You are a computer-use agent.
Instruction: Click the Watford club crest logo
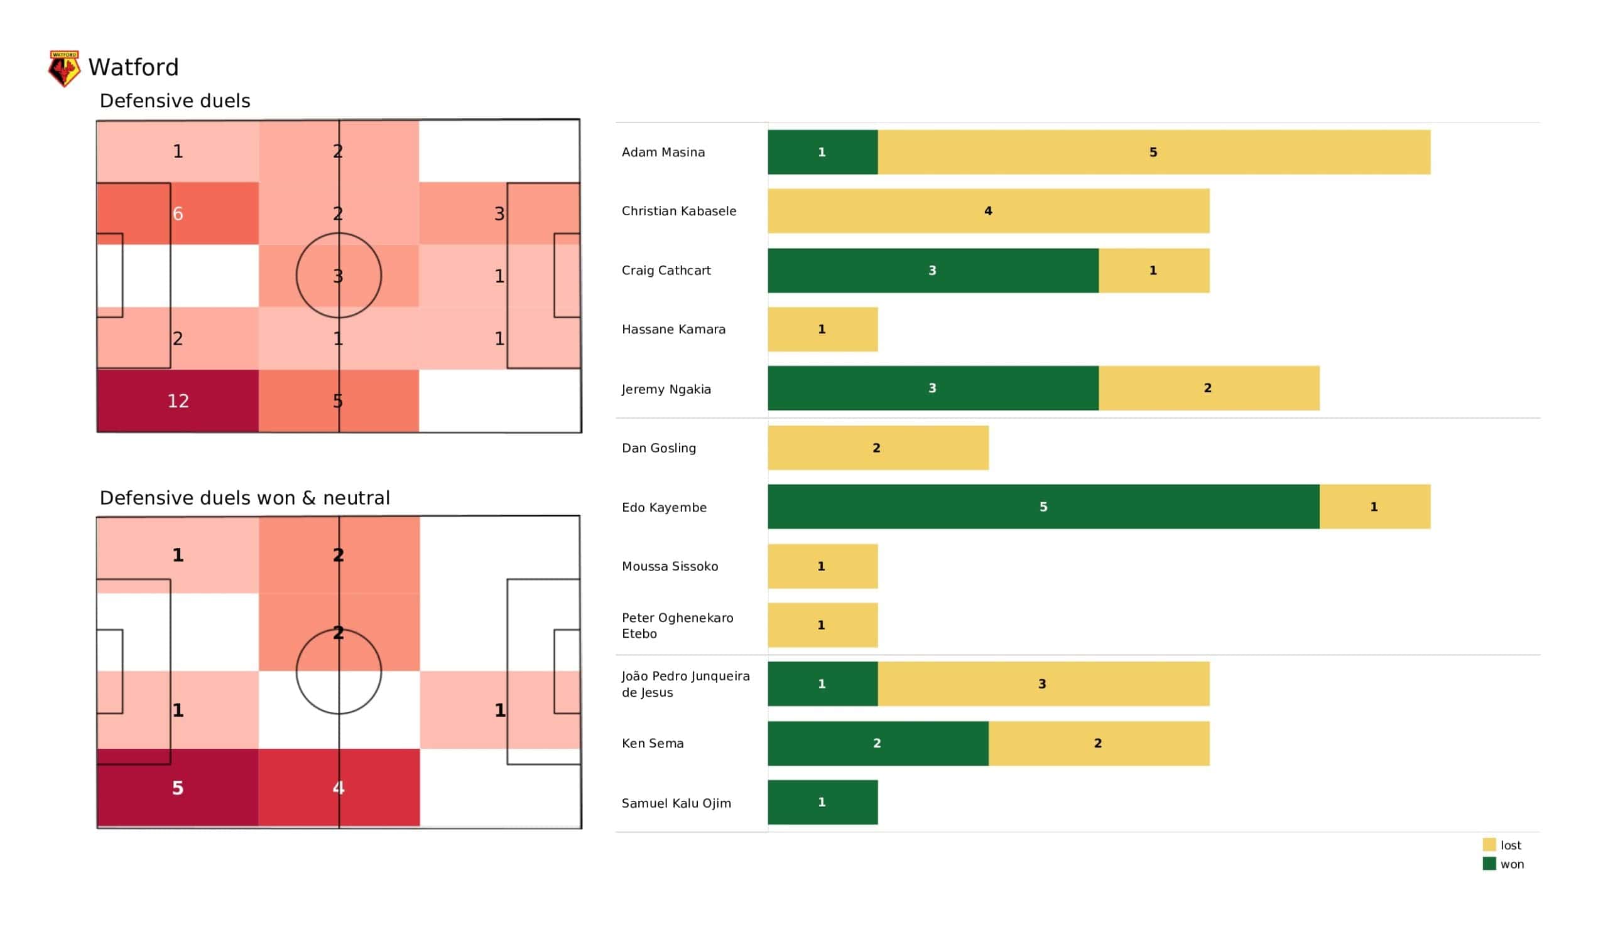pos(64,68)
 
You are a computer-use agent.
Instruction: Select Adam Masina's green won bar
pos(822,153)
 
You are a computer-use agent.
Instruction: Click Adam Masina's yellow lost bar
pos(1154,153)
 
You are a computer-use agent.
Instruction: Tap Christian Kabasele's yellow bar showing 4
pos(989,211)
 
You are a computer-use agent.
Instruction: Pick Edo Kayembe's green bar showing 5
pos(1043,507)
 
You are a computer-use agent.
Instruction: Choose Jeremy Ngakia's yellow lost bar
pos(1209,389)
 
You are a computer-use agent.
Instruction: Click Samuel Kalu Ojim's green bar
pos(822,802)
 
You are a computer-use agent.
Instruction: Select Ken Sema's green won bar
pos(878,744)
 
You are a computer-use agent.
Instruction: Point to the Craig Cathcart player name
pos(666,271)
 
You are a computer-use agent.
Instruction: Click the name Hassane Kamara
pos(674,330)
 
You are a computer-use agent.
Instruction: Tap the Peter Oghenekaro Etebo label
pos(678,626)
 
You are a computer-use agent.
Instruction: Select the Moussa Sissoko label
pos(670,566)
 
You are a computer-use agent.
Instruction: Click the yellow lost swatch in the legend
pos(1489,845)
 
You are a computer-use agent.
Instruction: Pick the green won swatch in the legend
pos(1489,864)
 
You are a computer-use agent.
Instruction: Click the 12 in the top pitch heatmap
pos(178,401)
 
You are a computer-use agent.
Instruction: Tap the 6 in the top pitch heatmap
pos(178,213)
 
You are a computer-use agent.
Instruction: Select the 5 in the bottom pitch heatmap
pos(178,788)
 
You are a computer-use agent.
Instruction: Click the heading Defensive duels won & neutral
pos(244,498)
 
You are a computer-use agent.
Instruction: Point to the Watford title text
pos(133,68)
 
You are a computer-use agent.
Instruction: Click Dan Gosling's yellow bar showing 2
pos(878,448)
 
